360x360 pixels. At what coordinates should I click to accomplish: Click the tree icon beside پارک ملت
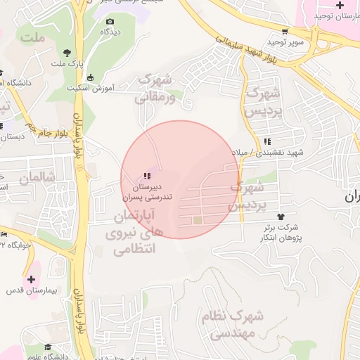pyautogui.click(x=67, y=52)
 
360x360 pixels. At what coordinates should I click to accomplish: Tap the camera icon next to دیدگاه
pyautogui.click(x=110, y=22)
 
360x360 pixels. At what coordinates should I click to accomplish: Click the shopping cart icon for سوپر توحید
pyautogui.click(x=285, y=32)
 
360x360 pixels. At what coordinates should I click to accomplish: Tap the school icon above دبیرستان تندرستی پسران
pyautogui.click(x=146, y=176)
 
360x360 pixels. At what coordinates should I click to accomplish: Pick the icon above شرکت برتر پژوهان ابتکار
pyautogui.click(x=282, y=216)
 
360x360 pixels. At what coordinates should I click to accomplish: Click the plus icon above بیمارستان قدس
pyautogui.click(x=30, y=279)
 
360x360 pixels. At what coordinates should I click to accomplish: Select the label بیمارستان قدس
pyautogui.click(x=31, y=290)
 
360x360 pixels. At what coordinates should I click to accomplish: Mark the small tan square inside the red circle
pyautogui.click(x=198, y=221)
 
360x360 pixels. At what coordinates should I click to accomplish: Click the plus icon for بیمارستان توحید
pyautogui.click(x=340, y=5)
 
